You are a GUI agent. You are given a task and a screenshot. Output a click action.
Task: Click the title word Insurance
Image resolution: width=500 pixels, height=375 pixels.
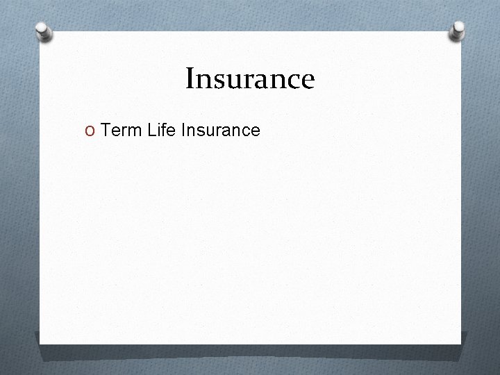click(x=250, y=78)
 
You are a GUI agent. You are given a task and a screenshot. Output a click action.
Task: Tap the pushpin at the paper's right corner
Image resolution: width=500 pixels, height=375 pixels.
click(x=458, y=29)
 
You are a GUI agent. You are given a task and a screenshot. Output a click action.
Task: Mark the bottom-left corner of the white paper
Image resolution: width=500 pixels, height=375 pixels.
click(x=40, y=343)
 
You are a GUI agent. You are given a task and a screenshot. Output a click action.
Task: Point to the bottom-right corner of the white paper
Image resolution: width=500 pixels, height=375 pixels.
click(x=460, y=343)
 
